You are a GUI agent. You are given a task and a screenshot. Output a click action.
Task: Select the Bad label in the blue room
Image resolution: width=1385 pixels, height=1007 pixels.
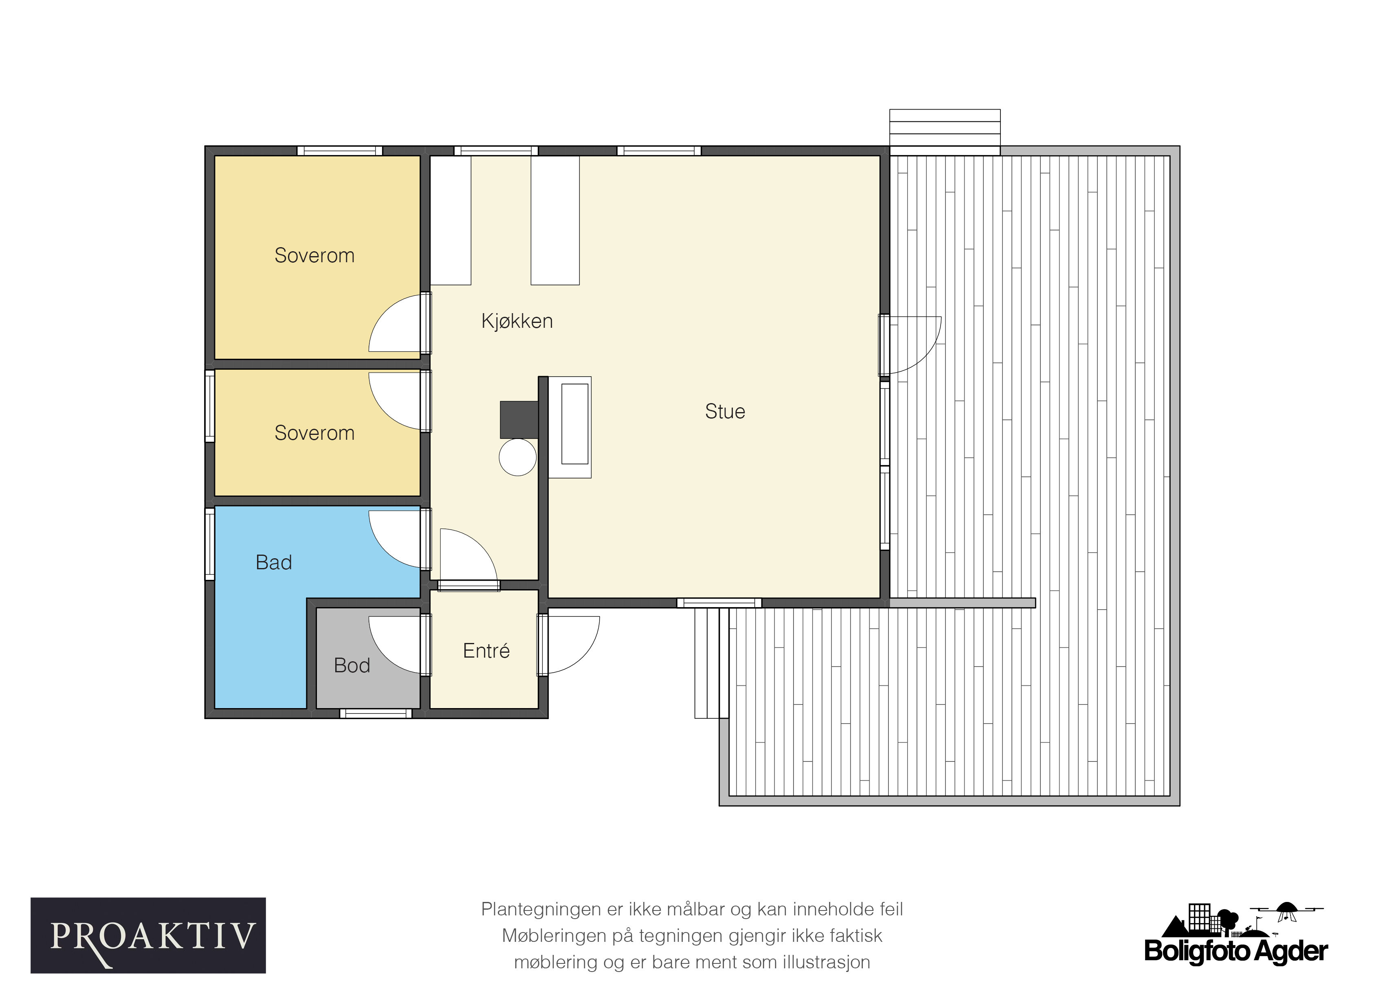[x=274, y=562]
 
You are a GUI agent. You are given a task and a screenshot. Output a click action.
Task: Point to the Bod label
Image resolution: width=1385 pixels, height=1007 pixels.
[x=352, y=665]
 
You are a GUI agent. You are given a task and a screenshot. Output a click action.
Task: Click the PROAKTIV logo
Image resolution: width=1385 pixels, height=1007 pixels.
[x=148, y=935]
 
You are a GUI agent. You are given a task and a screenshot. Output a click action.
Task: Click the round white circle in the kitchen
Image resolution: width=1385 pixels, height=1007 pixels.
[x=518, y=457]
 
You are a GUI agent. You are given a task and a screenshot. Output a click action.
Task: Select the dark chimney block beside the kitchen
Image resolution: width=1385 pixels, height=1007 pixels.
[x=519, y=420]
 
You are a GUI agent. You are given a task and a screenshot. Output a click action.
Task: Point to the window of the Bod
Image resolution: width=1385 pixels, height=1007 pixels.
[x=376, y=713]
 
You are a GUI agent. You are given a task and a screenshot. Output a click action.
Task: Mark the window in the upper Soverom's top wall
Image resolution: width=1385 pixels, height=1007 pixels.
[x=340, y=151]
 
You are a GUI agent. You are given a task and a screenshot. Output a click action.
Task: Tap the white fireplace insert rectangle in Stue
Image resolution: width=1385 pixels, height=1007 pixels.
[x=575, y=423]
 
